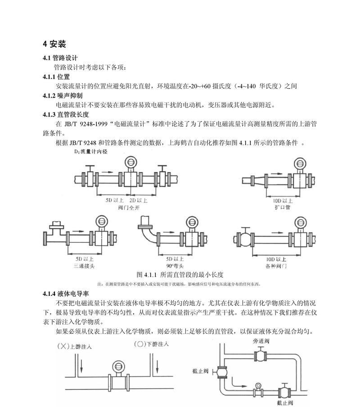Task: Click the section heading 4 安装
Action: [54, 44]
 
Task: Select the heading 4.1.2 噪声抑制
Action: [63, 96]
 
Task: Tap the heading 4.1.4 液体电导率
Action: [66, 294]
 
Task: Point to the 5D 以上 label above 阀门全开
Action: [115, 201]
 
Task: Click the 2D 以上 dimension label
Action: [139, 201]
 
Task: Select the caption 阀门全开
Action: [129, 208]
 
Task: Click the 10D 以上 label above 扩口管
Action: [283, 201]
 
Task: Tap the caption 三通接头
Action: [84, 266]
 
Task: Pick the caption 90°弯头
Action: [175, 266]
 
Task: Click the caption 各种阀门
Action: [276, 266]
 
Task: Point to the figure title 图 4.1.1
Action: [147, 275]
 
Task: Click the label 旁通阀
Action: [261, 341]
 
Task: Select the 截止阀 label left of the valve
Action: [200, 371]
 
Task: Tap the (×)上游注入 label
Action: [74, 346]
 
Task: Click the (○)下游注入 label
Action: [151, 344]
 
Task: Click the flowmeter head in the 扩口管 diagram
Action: [300, 164]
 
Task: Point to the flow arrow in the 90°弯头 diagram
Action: [169, 233]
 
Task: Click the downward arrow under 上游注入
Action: [81, 366]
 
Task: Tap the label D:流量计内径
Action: [90, 152]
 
